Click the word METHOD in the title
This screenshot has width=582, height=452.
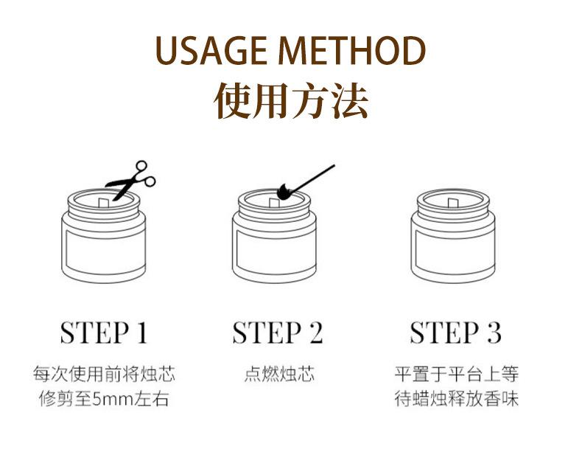tap(352, 51)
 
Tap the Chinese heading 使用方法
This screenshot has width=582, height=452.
tap(292, 101)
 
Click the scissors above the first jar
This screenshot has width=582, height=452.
tap(130, 180)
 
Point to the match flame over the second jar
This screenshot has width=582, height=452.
tap(284, 192)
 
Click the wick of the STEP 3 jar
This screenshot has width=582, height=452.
tap(453, 204)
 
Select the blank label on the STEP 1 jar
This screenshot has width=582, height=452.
tap(104, 251)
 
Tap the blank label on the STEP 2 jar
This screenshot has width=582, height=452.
tap(275, 251)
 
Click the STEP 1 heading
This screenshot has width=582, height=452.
tap(104, 333)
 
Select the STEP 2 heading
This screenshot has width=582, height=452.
tap(278, 333)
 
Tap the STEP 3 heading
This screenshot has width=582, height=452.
tap(456, 333)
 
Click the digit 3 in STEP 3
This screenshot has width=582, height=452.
tap(494, 333)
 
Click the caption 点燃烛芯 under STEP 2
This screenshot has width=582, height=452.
tap(279, 374)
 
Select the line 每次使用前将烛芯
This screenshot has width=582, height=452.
tap(104, 374)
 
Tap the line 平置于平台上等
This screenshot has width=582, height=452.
tap(456, 374)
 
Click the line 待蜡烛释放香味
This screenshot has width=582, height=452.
tap(456, 399)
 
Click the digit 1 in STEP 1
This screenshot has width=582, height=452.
tap(142, 333)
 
